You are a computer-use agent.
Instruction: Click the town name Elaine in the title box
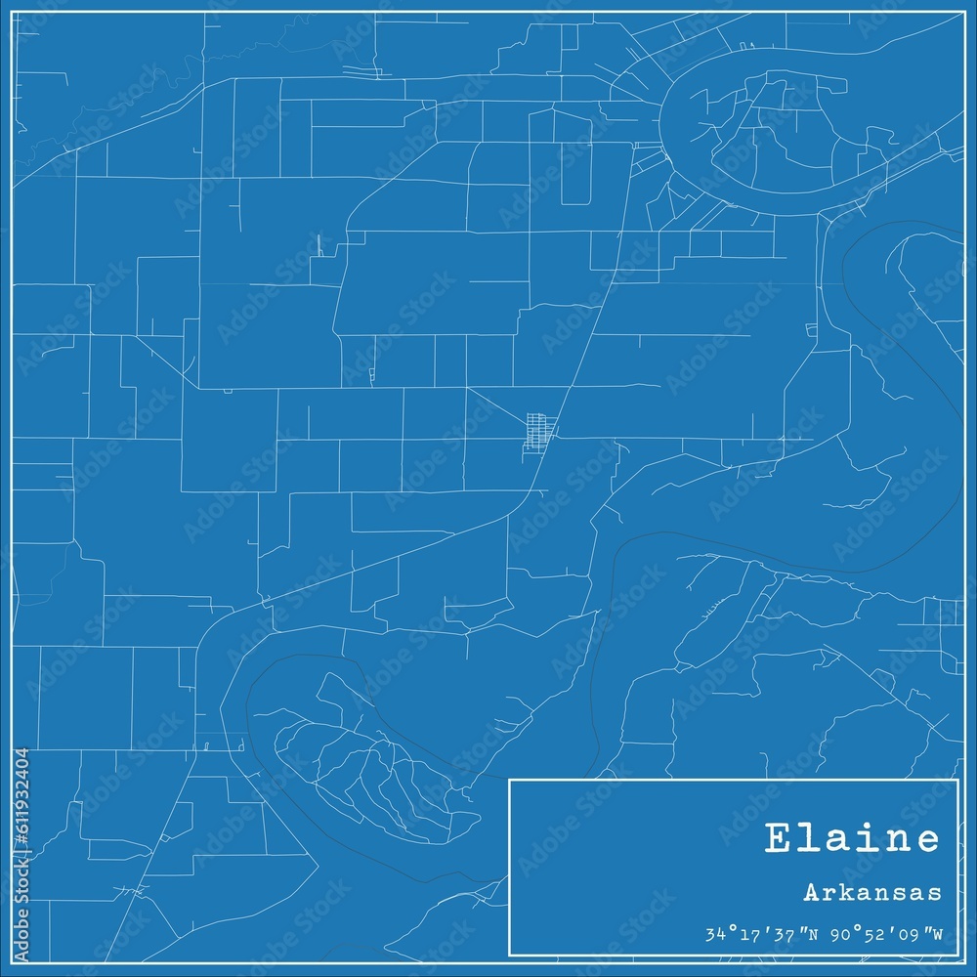[x=853, y=839]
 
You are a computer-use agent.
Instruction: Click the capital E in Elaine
[x=778, y=839]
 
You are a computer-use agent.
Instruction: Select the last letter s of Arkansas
[x=936, y=893]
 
